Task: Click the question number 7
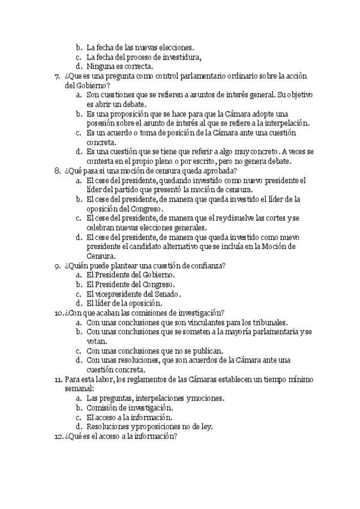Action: (56, 76)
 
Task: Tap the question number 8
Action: (56, 170)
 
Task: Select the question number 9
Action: (56, 265)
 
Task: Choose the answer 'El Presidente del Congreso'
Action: (130, 284)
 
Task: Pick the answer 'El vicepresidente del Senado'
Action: (134, 294)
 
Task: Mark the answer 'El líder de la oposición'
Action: (124, 303)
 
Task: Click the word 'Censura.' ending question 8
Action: (103, 256)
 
